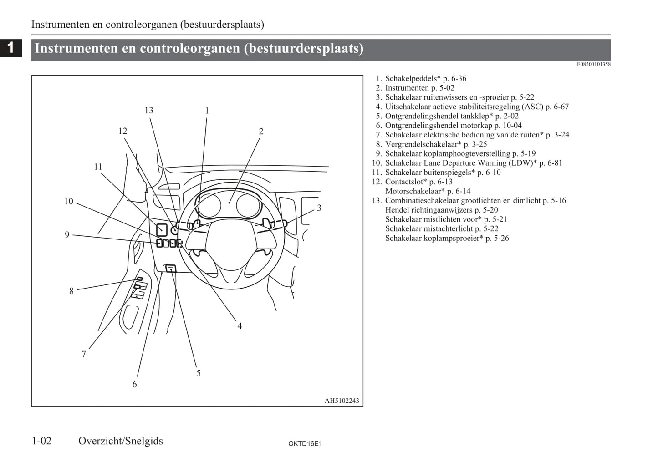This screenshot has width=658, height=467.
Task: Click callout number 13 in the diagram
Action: point(149,111)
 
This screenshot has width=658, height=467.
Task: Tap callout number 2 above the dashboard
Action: point(261,132)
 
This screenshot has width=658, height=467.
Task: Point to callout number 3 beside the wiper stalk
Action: point(319,208)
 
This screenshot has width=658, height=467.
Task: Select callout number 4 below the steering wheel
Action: point(240,326)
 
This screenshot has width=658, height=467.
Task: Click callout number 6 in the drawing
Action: point(134,385)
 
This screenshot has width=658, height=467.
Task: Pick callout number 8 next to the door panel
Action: point(71,291)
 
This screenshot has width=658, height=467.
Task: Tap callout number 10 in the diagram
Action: point(69,201)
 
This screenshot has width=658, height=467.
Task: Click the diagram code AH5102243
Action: point(342,401)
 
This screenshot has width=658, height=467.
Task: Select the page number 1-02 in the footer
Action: point(42,441)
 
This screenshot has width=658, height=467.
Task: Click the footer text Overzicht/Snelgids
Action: point(120,441)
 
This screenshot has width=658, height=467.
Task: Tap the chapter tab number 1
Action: point(10,47)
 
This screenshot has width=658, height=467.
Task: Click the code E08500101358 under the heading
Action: point(593,64)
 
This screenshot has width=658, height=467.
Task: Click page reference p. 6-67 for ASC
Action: point(557,107)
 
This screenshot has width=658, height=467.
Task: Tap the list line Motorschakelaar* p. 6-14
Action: point(428,191)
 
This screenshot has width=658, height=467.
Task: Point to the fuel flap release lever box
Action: point(171,269)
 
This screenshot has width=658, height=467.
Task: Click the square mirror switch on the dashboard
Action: point(162,230)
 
